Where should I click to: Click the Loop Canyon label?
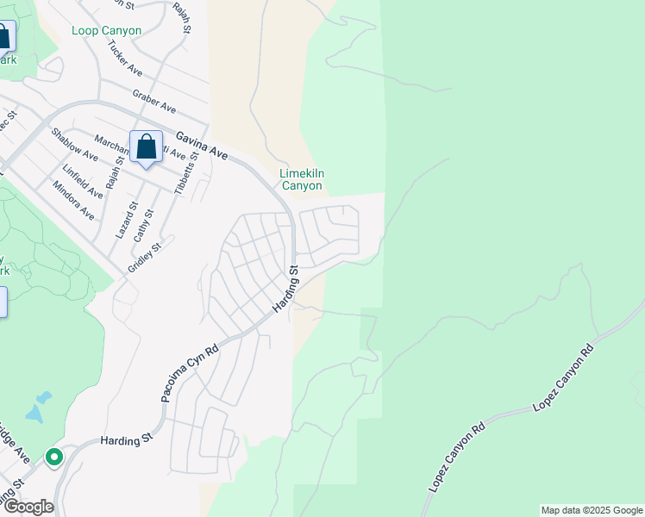[107, 31]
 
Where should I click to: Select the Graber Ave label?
[153, 102]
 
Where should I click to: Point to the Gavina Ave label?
[202, 145]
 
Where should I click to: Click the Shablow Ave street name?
[74, 143]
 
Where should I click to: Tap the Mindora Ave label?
[73, 200]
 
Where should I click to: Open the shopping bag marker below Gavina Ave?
[146, 147]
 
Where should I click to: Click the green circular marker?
[54, 457]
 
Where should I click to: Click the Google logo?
[28, 507]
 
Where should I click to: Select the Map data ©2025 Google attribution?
[591, 510]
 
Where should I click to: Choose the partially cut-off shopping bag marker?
[3, 37]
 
